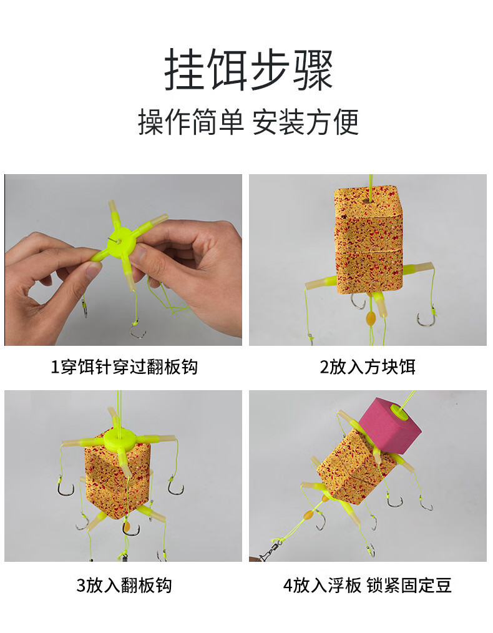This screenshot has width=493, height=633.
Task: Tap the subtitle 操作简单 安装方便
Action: point(248,122)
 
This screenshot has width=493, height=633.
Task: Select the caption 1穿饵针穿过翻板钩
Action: point(124,367)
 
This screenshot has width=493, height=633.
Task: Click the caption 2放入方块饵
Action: point(368,367)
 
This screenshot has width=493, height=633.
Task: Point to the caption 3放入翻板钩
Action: point(124,586)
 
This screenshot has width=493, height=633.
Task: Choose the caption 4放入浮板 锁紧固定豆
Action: point(368,586)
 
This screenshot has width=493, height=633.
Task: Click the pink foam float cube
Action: point(390,423)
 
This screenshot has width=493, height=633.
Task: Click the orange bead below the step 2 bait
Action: point(370,317)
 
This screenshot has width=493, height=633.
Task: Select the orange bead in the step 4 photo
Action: point(309,515)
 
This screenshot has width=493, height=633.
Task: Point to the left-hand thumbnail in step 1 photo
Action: point(92,270)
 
